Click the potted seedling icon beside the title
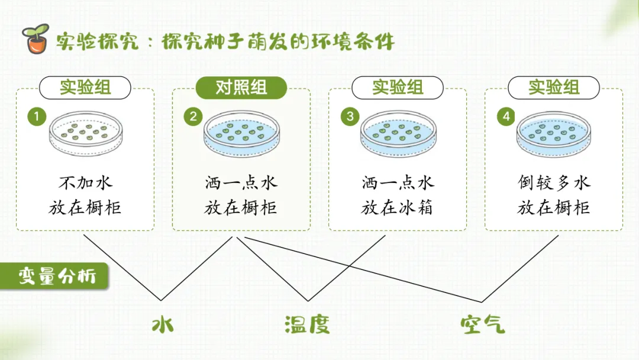[x=35, y=39]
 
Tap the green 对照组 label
[x=241, y=88]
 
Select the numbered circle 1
[x=37, y=117]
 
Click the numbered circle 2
[x=193, y=117]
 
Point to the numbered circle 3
[x=350, y=117]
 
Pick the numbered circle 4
[x=506, y=117]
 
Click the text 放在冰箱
[x=398, y=208]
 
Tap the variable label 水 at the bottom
[x=162, y=324]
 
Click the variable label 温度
[x=306, y=324]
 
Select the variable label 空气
[x=483, y=324]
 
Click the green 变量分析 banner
[x=54, y=277]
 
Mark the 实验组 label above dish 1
[x=85, y=88]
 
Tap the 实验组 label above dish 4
[x=554, y=88]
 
